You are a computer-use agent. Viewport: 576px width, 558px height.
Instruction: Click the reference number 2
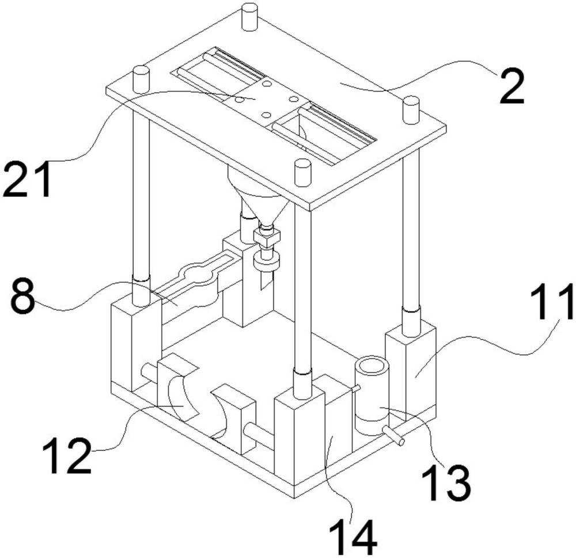(x=511, y=88)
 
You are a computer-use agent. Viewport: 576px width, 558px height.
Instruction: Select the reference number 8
(x=23, y=297)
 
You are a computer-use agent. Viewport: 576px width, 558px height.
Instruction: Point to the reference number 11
(x=552, y=301)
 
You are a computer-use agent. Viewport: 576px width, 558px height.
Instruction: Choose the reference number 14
(x=354, y=537)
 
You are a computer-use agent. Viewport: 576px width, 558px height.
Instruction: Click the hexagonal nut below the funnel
(x=267, y=237)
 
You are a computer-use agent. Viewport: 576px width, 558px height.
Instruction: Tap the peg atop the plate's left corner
(x=141, y=78)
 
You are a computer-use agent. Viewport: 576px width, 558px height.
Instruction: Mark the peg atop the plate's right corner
(x=411, y=110)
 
